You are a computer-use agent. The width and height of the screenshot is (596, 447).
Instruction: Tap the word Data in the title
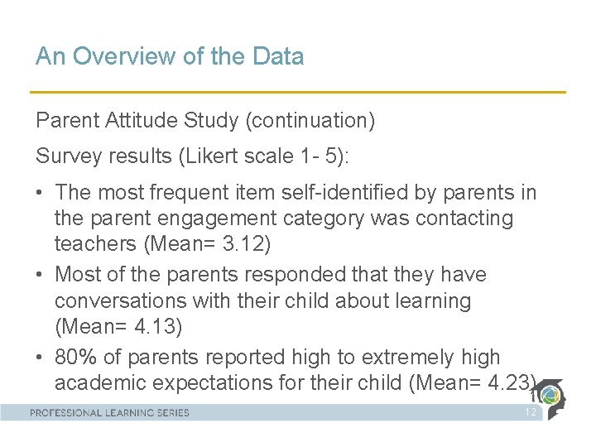[x=277, y=56]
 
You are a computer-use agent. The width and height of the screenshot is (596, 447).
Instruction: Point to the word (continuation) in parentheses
[x=310, y=121]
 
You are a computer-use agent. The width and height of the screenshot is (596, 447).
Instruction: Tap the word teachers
[x=93, y=244]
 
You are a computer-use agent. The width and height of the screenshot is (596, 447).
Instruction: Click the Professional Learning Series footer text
[x=110, y=412]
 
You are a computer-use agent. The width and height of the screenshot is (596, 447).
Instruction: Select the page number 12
[x=531, y=412]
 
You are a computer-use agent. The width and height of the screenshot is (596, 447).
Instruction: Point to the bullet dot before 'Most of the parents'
[x=41, y=275]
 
